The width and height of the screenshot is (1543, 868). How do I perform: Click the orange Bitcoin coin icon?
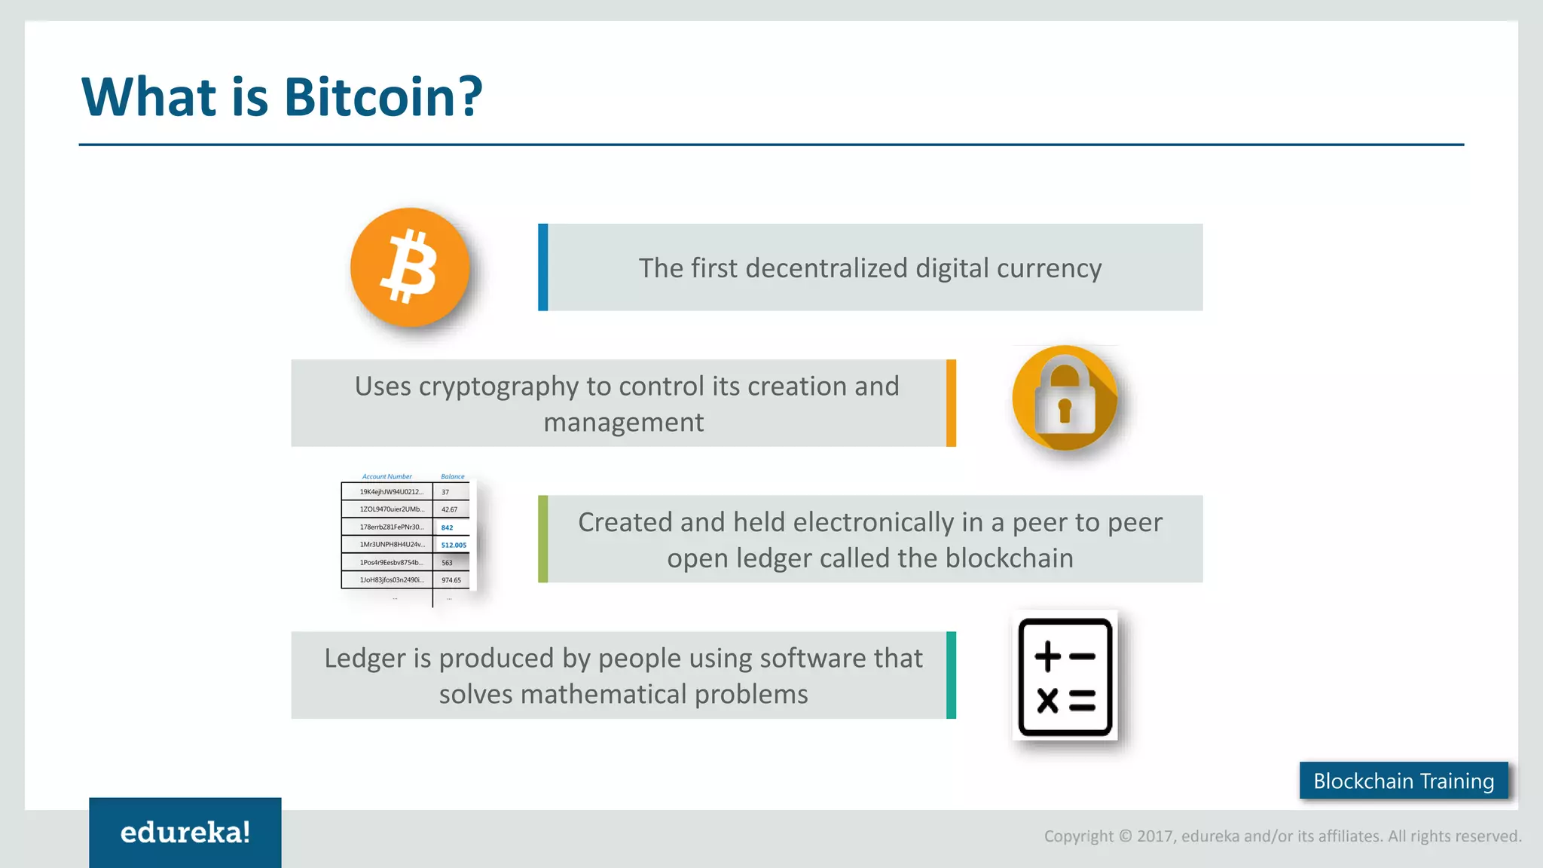click(410, 267)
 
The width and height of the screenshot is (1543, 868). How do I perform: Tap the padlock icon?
click(1064, 399)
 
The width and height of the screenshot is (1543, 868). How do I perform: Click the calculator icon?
click(1065, 676)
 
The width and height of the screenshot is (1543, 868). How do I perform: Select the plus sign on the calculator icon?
click(1047, 656)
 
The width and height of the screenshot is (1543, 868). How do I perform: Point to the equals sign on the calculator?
click(1082, 701)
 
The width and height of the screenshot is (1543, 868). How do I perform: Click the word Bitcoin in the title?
click(383, 97)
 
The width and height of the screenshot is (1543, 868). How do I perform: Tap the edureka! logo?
click(185, 833)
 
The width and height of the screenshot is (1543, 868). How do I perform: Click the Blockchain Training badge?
click(1404, 781)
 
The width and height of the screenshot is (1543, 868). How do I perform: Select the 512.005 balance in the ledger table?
click(454, 545)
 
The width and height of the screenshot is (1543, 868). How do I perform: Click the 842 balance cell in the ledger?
click(448, 527)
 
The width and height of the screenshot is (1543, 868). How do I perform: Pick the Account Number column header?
click(387, 477)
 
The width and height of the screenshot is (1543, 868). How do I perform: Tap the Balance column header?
click(453, 477)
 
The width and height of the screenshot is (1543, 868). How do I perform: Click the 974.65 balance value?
click(451, 580)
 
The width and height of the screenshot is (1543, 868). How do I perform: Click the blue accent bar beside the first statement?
click(543, 267)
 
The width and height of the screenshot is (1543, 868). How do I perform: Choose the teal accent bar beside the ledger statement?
click(951, 675)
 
